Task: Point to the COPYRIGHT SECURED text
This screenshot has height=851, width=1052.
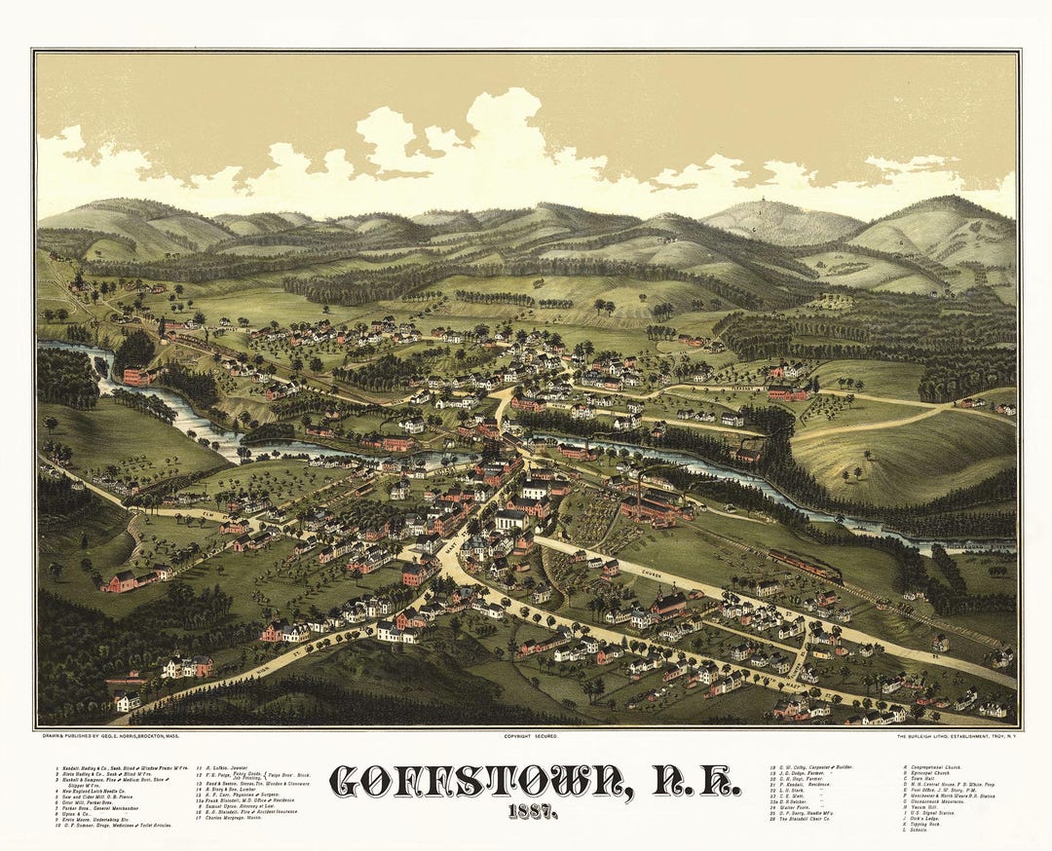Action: click(x=530, y=736)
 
